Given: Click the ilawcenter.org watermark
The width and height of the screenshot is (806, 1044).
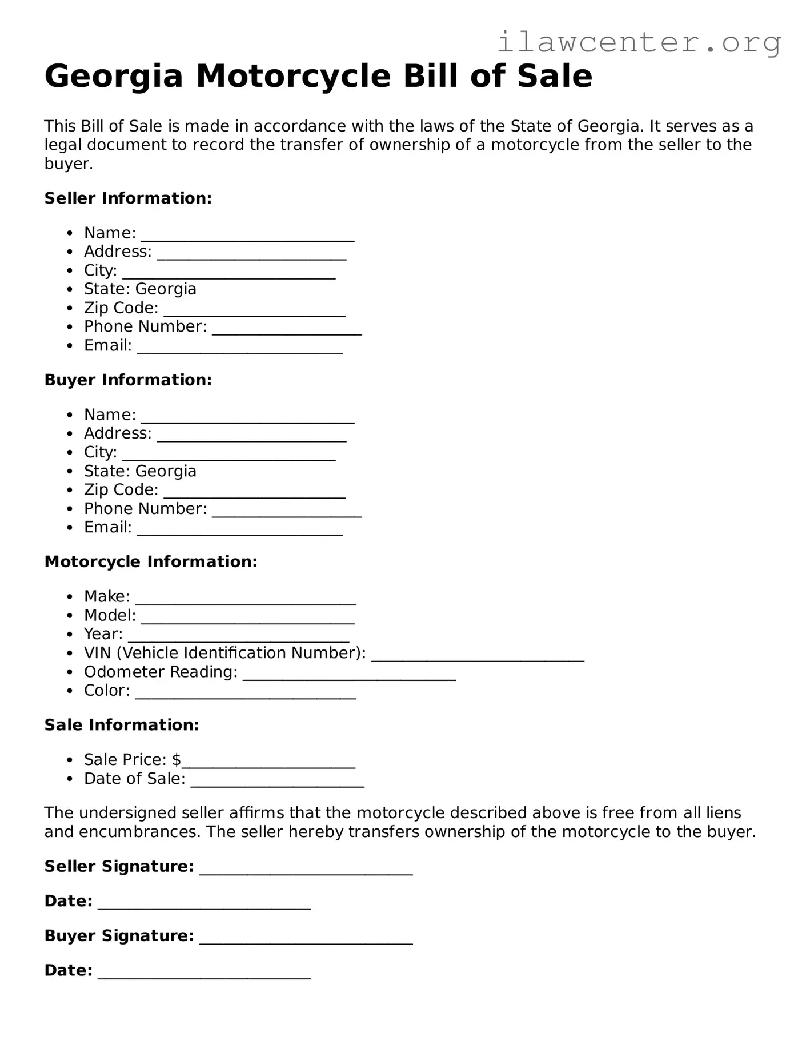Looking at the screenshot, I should [x=639, y=43].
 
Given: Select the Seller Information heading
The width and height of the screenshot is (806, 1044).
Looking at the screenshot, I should [x=128, y=198].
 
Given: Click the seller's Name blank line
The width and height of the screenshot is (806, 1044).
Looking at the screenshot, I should [x=247, y=237].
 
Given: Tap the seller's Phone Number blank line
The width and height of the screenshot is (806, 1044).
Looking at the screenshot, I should [x=287, y=330].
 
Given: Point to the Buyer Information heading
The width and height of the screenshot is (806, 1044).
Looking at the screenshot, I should [x=128, y=380].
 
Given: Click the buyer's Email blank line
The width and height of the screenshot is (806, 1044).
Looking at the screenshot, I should [x=240, y=531].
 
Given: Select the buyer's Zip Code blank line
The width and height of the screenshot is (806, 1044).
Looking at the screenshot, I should [x=254, y=494].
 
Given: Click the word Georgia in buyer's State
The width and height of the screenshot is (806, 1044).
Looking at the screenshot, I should [x=166, y=471].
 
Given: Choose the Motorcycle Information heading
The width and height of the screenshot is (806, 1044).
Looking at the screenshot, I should [x=151, y=562].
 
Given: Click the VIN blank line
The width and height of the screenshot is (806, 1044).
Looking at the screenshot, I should [x=478, y=657].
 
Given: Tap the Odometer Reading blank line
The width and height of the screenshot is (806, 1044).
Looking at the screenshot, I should [x=349, y=676].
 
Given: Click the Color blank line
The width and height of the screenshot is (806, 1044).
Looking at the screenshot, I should [x=246, y=695].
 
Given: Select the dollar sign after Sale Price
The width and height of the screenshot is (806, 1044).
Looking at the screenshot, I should [x=177, y=760].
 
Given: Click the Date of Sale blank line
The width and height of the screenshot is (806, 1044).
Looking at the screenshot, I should [x=277, y=783].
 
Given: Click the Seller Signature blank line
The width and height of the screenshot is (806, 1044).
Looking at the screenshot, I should [x=306, y=870].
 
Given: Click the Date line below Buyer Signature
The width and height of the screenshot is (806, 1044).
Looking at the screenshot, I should [x=204, y=974].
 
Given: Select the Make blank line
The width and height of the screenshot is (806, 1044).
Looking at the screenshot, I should [x=246, y=600].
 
